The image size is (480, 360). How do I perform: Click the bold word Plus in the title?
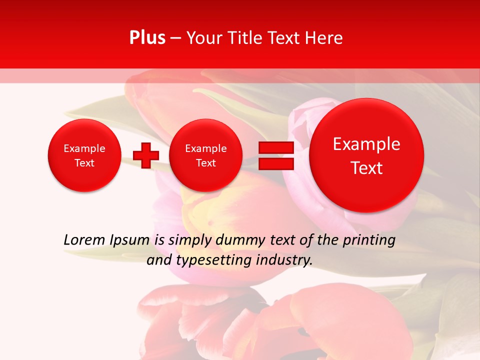(147, 38)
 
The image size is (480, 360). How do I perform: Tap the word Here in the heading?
(325, 38)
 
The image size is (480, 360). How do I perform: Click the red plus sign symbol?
(146, 155)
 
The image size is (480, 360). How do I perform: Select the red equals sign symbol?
(276, 155)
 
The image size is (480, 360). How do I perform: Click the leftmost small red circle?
(84, 155)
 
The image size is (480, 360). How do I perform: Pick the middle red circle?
(205, 155)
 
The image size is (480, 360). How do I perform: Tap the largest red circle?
(366, 155)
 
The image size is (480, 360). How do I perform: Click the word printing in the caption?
(368, 240)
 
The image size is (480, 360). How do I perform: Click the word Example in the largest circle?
(366, 144)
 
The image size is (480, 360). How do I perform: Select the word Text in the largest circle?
(366, 168)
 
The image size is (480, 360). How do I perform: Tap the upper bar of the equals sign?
(276, 147)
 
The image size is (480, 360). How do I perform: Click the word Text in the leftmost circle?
(84, 163)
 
